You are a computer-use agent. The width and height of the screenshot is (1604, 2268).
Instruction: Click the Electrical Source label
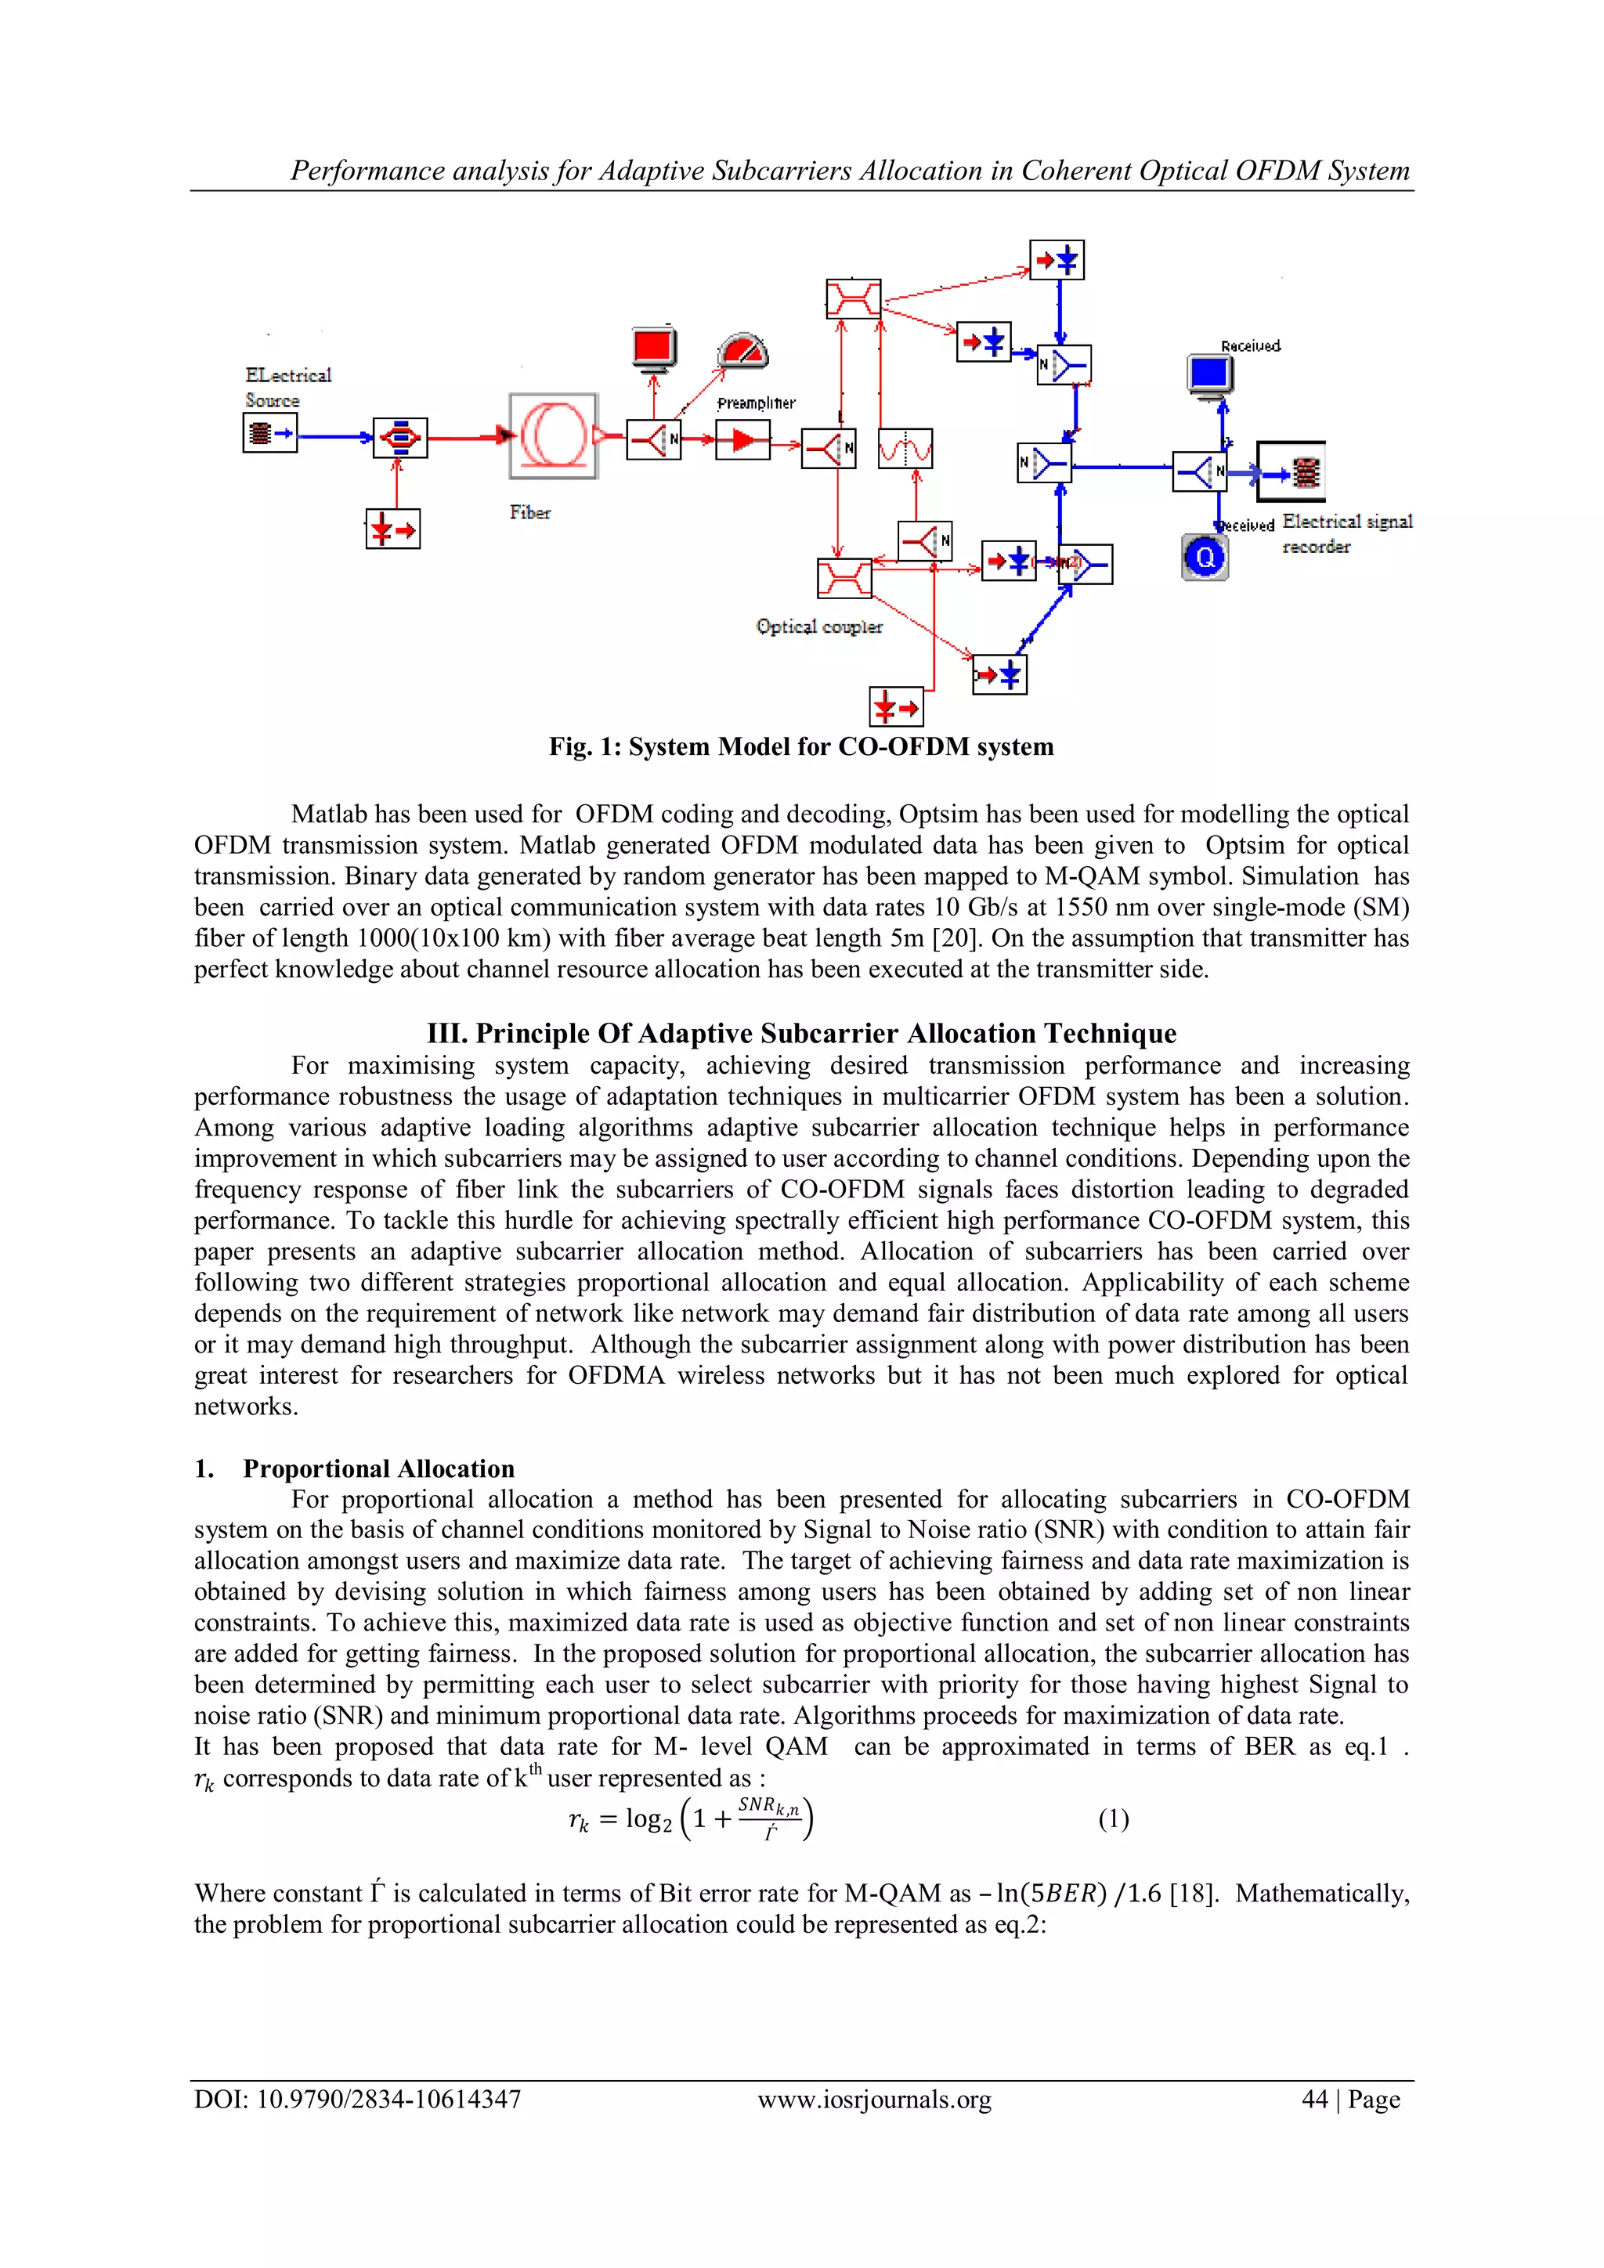pos(287,387)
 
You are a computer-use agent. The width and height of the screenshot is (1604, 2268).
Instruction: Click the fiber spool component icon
pos(553,435)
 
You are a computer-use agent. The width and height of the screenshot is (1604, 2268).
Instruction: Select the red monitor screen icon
pos(653,348)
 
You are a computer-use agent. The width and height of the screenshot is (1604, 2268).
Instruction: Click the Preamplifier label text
pos(756,403)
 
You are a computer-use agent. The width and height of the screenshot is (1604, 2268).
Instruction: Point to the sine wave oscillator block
pos(905,450)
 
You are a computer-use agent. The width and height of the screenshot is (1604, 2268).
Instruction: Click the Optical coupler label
pos(818,627)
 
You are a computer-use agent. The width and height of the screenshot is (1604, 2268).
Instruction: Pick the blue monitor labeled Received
pos(1209,374)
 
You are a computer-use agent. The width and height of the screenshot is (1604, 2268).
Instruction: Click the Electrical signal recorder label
pos(1346,533)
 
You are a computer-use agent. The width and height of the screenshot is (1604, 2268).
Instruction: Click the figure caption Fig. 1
pos(801,747)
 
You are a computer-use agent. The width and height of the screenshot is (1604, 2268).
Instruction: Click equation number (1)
pos(1113,1818)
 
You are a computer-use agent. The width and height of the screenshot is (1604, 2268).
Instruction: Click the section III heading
pos(801,1033)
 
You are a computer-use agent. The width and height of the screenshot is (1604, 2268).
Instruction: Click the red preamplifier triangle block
pos(742,441)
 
